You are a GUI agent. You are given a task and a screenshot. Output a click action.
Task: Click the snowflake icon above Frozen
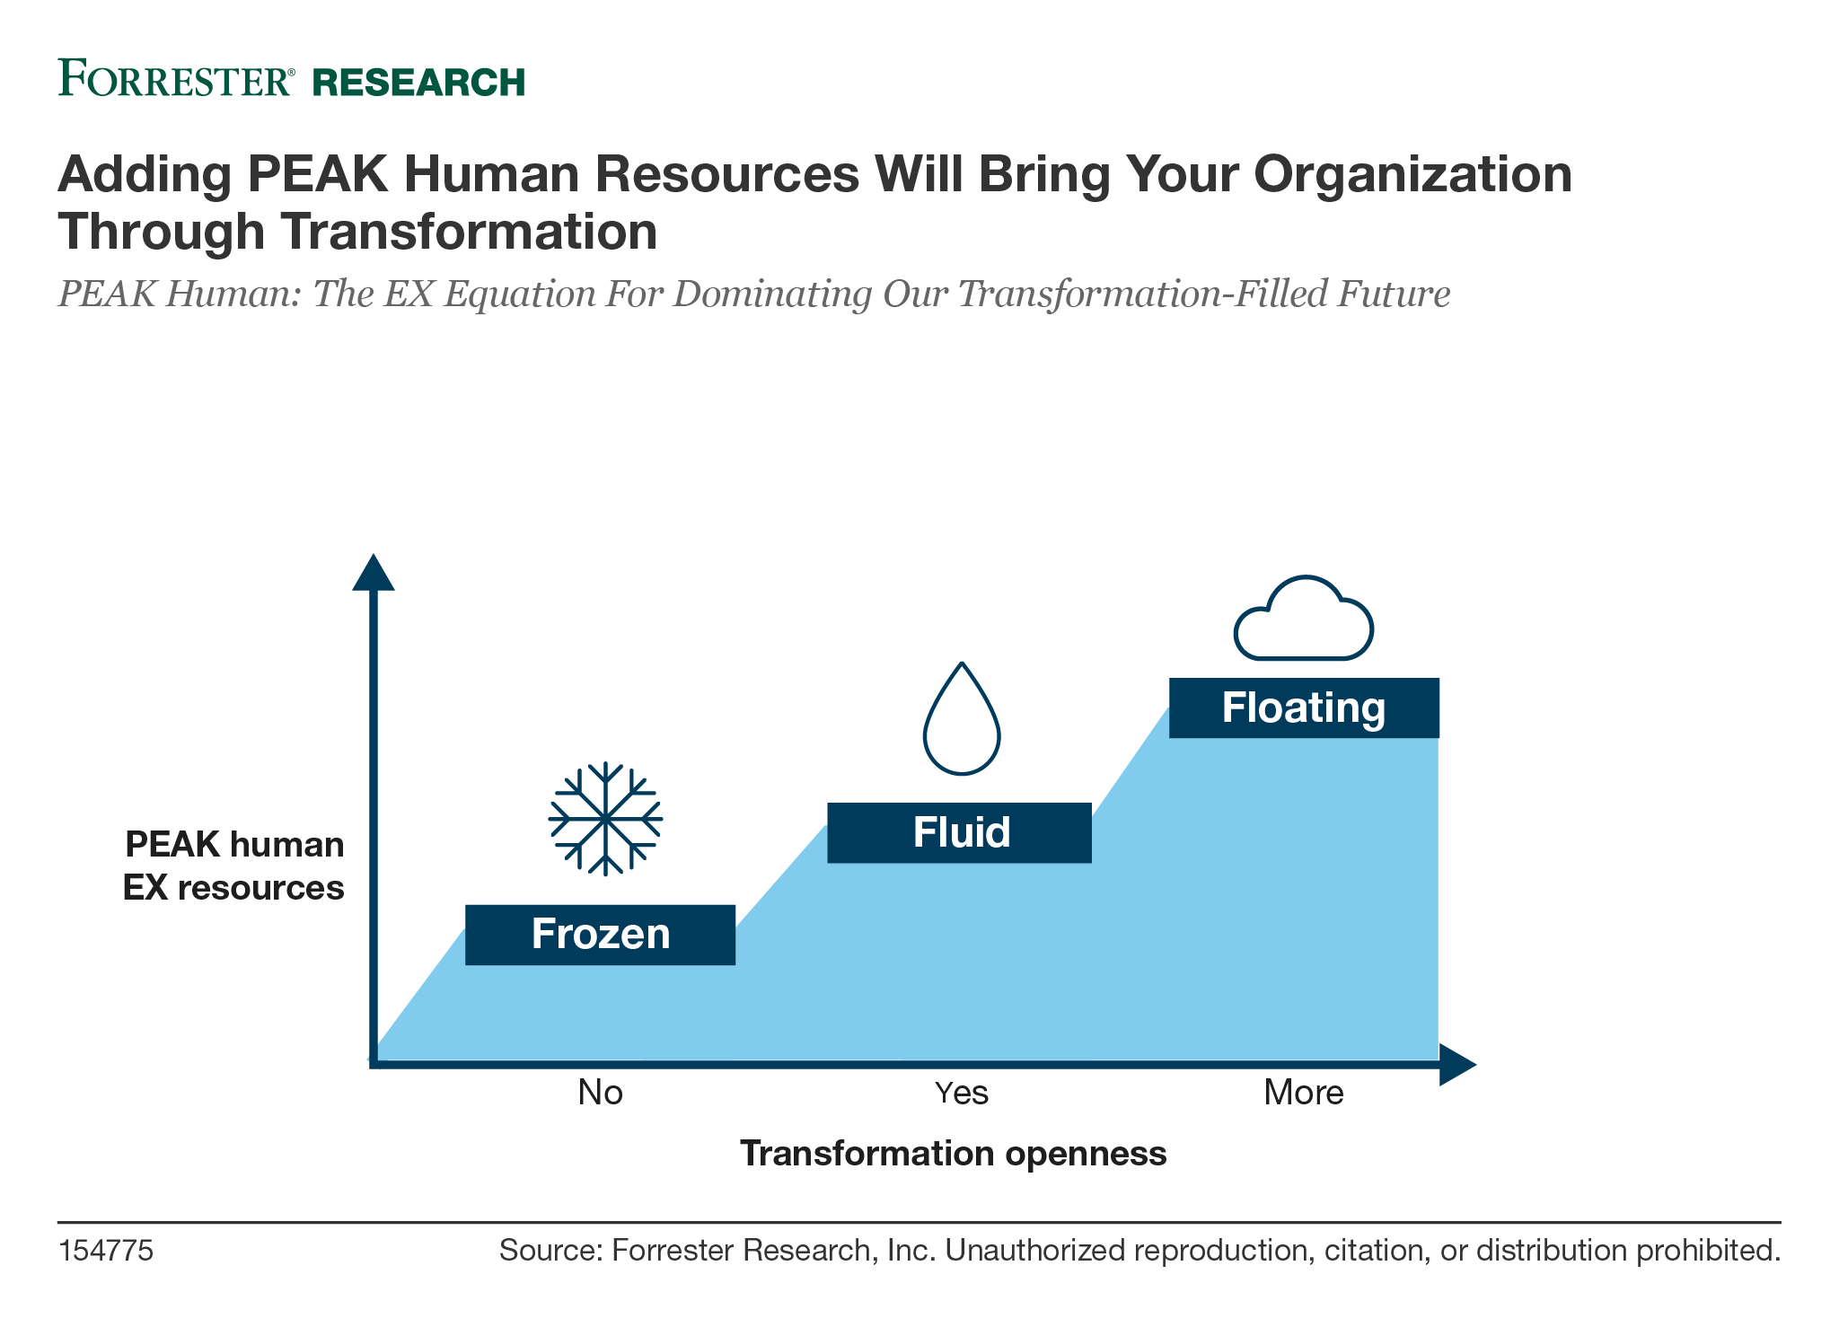tap(605, 819)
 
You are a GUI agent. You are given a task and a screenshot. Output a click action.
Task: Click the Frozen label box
tap(600, 935)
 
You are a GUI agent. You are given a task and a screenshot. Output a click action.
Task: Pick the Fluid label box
tap(959, 832)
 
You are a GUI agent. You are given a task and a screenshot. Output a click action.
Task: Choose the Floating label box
tap(1304, 707)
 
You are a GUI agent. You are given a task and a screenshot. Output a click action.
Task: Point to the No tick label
tap(601, 1093)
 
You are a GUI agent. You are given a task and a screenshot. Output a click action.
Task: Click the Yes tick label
tap(962, 1093)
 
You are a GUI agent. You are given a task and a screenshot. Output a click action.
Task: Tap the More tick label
tap(1304, 1093)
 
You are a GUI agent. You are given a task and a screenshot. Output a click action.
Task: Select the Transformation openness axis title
tap(953, 1154)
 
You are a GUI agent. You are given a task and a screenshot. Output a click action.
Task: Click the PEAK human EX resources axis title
tap(234, 866)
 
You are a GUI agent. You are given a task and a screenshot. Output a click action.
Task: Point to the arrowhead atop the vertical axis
tap(374, 573)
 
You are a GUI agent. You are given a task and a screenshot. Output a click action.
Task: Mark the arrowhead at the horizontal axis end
tap(1457, 1065)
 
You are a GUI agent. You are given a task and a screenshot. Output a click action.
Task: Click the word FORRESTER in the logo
tap(176, 78)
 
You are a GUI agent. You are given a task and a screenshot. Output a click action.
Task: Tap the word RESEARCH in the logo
tap(418, 82)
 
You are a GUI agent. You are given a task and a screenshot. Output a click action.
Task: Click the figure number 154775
tap(106, 1251)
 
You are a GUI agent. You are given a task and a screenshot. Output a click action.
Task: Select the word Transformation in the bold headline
tap(469, 232)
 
